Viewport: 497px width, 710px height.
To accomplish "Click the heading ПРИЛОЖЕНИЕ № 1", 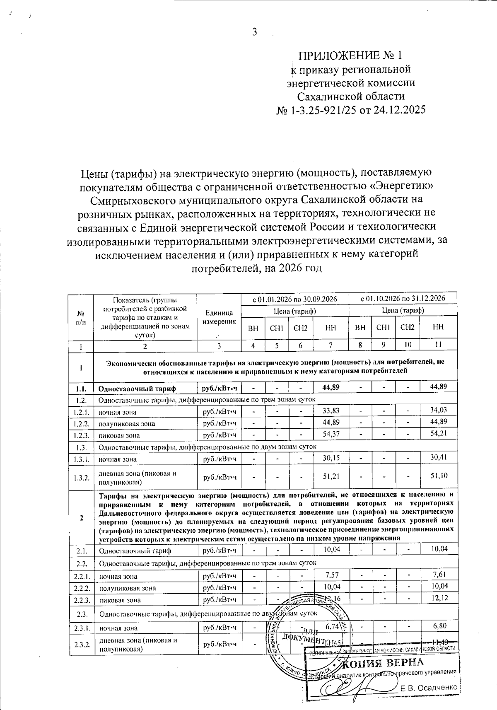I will (x=350, y=56).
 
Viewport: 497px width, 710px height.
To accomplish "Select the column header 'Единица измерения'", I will (x=219, y=317).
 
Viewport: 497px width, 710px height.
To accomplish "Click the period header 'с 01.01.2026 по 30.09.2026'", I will (x=294, y=298).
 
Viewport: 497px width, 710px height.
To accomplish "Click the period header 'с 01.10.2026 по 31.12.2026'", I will (x=403, y=298).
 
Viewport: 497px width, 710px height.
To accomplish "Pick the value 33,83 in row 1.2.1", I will (x=331, y=411).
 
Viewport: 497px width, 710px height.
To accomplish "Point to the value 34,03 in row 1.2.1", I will (x=439, y=410).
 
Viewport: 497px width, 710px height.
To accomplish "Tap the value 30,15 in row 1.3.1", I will (x=331, y=458).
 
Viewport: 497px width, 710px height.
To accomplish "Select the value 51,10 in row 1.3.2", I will (x=439, y=476).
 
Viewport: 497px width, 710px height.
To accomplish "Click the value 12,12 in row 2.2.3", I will (x=439, y=597).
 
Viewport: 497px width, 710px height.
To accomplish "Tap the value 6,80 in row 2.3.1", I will (x=439, y=626).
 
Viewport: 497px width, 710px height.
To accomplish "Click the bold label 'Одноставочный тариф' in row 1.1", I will (x=137, y=388).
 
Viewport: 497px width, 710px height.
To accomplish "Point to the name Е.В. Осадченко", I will (x=429, y=688).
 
